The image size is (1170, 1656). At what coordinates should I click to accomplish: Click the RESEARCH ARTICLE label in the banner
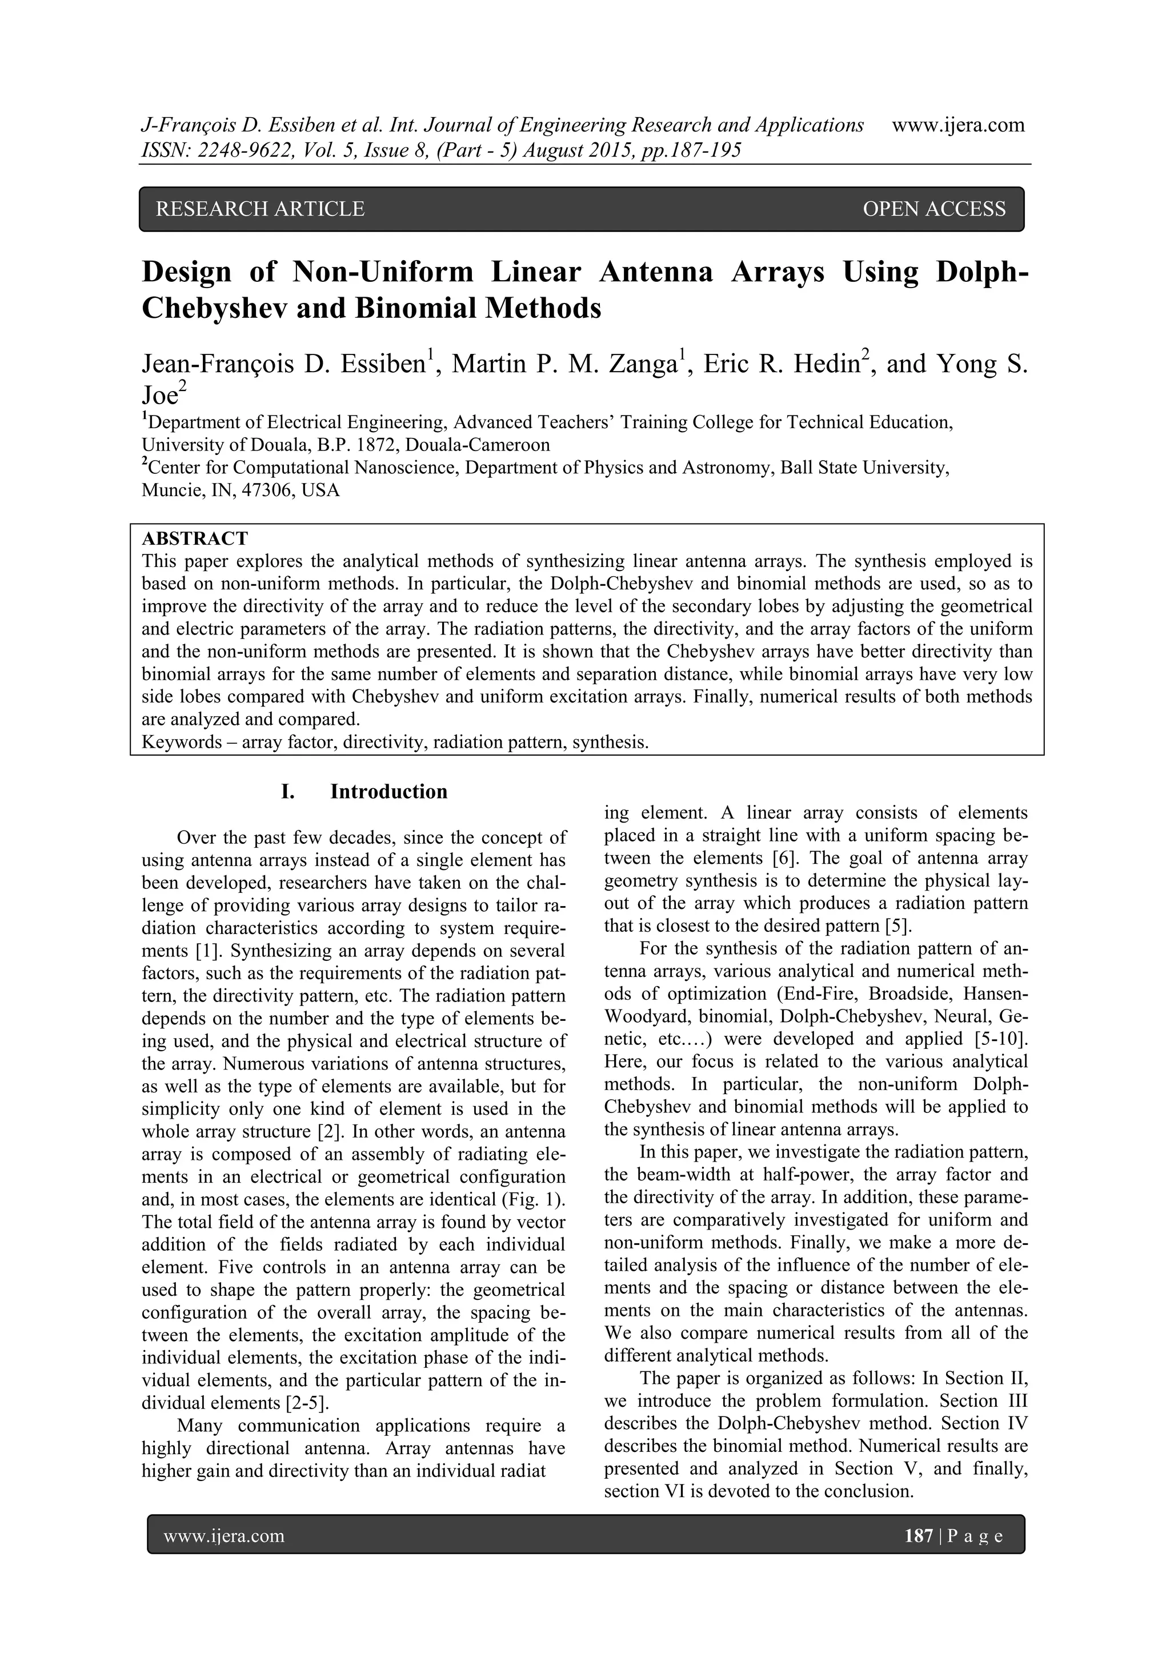(x=261, y=209)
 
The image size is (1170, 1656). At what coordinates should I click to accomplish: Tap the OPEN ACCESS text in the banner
(x=933, y=209)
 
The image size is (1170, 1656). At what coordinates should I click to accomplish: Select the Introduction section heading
(x=388, y=791)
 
